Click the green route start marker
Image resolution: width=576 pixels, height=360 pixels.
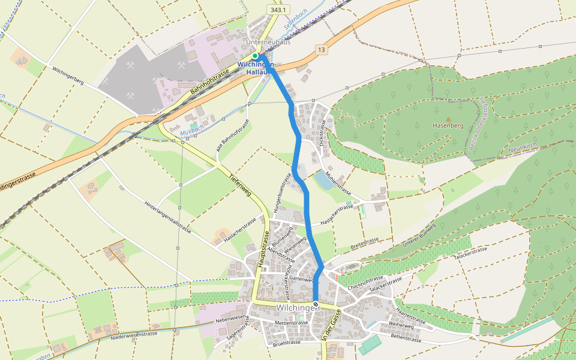[255, 56]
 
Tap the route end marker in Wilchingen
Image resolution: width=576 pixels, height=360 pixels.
[316, 304]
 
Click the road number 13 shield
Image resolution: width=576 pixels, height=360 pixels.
[322, 50]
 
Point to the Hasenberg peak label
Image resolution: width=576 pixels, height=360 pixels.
[448, 126]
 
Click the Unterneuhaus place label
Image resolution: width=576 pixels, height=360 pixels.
[268, 43]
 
